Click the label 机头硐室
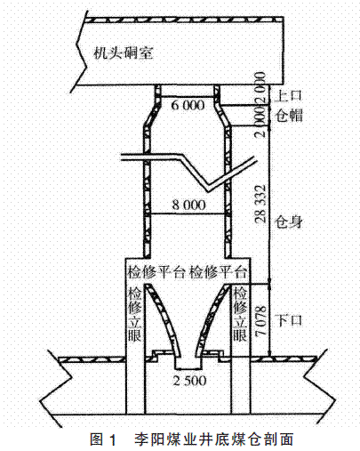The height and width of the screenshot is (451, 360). (124, 53)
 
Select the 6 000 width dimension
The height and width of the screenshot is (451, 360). (188, 105)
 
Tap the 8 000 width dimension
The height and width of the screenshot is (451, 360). (188, 205)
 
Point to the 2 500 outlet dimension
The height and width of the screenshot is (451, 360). (189, 381)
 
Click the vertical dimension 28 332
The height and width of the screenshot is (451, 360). (260, 204)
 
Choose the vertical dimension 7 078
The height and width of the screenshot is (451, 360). (260, 321)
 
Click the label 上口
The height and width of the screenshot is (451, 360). (288, 95)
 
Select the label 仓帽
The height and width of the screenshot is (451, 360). (289, 115)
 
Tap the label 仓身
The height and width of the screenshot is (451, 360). (288, 221)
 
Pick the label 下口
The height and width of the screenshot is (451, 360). (288, 320)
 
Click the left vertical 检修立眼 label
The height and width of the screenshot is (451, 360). (134, 314)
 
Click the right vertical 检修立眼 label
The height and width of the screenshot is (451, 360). (240, 314)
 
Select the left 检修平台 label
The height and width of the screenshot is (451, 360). (156, 272)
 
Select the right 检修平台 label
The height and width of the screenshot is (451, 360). (218, 272)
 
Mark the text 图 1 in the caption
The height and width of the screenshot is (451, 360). (104, 439)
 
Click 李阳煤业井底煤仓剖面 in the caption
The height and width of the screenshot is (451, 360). (213, 439)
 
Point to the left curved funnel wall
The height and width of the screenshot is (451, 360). (163, 319)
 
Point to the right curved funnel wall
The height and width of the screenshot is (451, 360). (212, 319)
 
